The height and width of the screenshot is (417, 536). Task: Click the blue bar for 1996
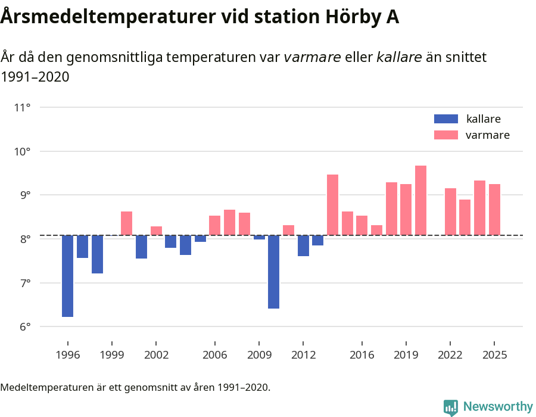(68, 276)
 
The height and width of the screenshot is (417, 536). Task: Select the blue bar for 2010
(274, 272)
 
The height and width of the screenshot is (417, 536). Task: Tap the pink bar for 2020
(420, 200)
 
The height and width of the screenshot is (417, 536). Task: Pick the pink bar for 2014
(332, 205)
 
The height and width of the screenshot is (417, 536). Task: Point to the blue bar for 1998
(97, 254)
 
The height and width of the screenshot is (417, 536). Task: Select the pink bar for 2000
(126, 223)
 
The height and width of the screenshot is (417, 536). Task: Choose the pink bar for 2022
(450, 211)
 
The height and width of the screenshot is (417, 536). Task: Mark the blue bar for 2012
(303, 245)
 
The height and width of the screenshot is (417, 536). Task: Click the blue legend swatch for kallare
(446, 119)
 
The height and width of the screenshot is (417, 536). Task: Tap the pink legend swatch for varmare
(446, 135)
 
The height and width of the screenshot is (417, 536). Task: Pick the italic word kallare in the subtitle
(399, 57)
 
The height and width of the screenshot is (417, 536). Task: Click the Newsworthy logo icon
(451, 407)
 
